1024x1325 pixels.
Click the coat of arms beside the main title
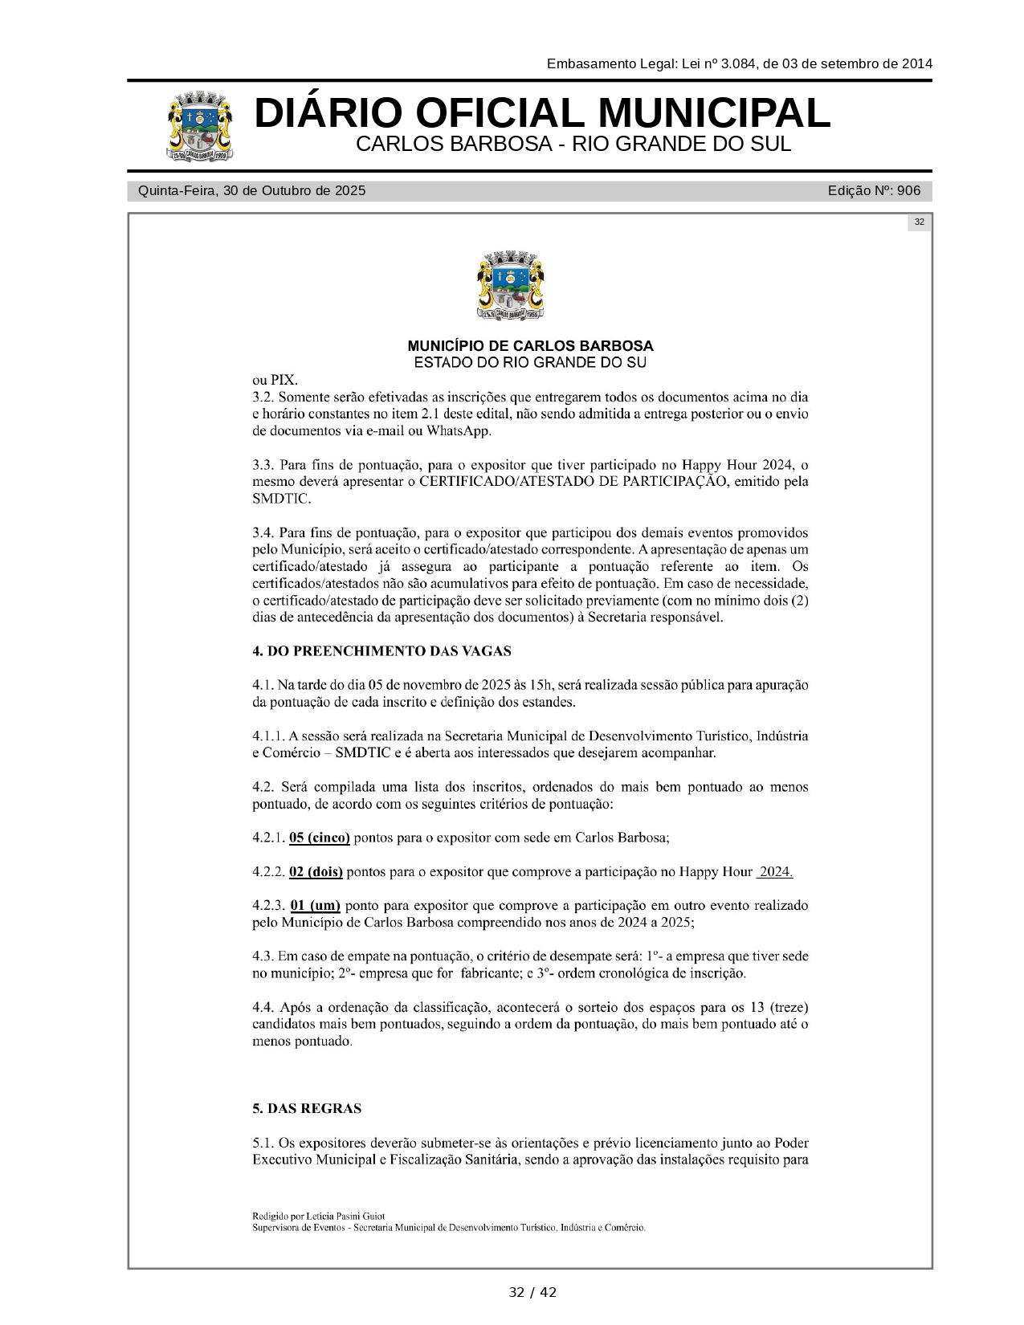(x=201, y=128)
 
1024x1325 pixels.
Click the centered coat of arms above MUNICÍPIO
(x=512, y=286)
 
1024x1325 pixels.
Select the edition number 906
(x=908, y=190)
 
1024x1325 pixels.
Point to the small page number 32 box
(x=919, y=222)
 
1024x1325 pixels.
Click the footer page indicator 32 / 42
(x=532, y=1292)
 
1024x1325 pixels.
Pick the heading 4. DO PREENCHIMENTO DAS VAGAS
(x=381, y=651)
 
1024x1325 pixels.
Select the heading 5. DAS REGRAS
(x=307, y=1109)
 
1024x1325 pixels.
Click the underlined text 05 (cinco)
(x=319, y=838)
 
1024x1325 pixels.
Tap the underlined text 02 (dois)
(x=316, y=872)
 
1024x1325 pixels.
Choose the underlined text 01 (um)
(x=315, y=906)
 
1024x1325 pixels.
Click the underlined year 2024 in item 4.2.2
(x=775, y=872)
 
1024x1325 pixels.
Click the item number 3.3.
(x=263, y=465)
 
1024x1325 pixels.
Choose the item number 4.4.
(x=263, y=1008)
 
